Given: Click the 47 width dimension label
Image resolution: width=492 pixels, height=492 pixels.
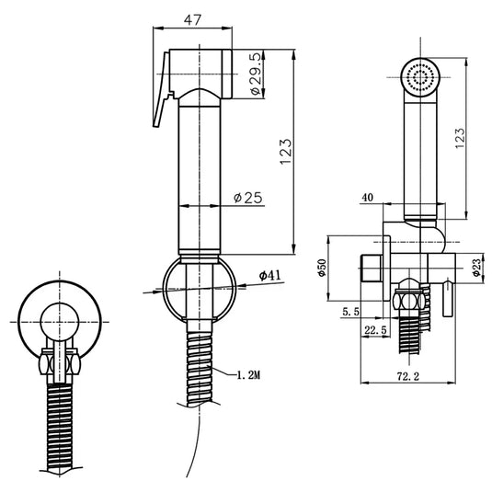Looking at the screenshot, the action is tap(192, 20).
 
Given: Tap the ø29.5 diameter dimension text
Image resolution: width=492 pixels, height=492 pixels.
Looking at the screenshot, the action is tap(256, 74).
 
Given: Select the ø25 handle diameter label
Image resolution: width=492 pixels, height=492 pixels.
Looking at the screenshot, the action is tap(248, 198).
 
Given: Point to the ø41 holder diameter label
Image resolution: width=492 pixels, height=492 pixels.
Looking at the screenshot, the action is tap(269, 276).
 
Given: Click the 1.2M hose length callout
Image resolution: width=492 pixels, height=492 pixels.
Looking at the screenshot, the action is tap(248, 375).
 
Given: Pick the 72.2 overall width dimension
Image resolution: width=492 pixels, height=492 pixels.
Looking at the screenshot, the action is tap(408, 376).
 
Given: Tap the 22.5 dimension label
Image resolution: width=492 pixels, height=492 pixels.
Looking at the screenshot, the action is tap(375, 330).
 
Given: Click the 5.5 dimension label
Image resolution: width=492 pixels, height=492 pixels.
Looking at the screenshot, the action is tap(350, 312).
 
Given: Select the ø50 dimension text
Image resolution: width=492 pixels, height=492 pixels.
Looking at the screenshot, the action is tap(322, 268).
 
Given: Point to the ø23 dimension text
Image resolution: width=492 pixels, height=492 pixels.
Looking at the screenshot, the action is tap(477, 268).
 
